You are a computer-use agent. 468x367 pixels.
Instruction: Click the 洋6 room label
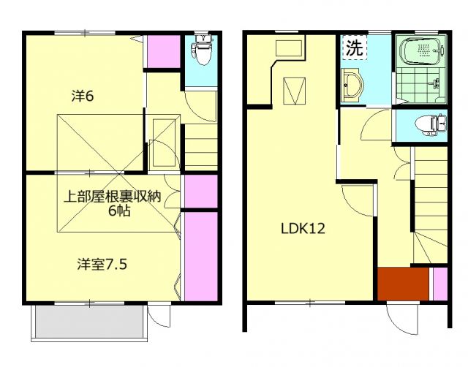(82, 95)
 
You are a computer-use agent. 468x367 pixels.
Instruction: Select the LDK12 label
(303, 227)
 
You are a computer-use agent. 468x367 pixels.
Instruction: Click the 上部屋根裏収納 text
(110, 196)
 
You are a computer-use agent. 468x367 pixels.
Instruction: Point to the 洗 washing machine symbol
(354, 50)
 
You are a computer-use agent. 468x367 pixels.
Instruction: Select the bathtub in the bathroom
(420, 51)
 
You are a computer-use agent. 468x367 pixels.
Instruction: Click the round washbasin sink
(352, 86)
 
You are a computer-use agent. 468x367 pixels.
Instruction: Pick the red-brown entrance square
(403, 284)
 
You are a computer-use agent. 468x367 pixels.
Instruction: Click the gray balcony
(88, 322)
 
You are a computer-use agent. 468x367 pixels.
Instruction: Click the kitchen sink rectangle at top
(290, 49)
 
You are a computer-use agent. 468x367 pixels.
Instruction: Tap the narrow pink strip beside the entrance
(439, 284)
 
